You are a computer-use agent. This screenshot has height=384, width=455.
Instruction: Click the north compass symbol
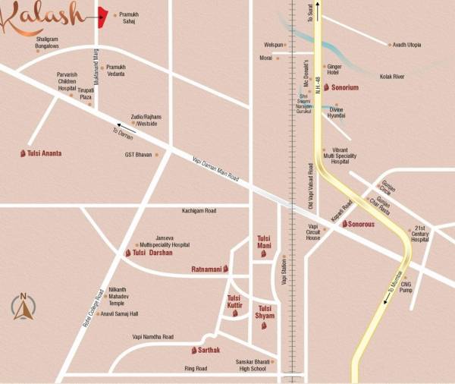24,307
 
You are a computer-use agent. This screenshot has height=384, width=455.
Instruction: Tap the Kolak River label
416,77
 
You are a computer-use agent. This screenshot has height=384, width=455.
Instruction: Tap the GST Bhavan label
138,155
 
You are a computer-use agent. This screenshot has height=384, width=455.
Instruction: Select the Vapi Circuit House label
312,232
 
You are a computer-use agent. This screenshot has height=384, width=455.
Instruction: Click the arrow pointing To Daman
124,128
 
